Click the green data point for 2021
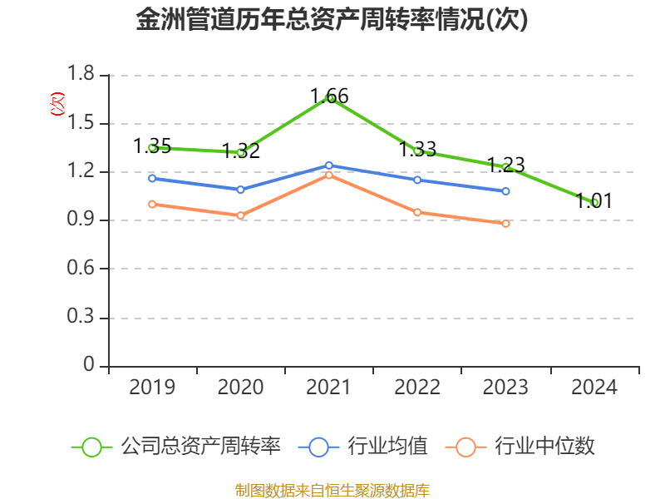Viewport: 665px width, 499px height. (x=329, y=98)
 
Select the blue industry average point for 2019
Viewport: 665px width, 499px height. (x=152, y=178)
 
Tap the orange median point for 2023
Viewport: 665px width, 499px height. (x=505, y=223)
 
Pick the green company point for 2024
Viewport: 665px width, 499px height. (x=594, y=202)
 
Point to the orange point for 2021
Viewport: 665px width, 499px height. (x=329, y=175)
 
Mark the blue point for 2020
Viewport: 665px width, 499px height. (x=240, y=190)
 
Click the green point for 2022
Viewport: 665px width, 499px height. (x=417, y=151)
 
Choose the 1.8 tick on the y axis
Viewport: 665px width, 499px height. (x=81, y=76)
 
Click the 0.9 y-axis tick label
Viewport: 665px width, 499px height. (x=81, y=220)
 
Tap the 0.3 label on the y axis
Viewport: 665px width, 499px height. (x=81, y=318)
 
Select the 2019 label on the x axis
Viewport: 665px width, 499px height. (x=152, y=388)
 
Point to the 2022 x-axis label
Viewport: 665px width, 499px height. (x=417, y=388)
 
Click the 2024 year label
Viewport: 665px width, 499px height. (x=594, y=388)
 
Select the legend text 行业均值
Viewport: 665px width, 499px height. (x=387, y=447)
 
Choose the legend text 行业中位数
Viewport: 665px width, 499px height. (x=544, y=447)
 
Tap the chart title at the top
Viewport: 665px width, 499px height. (x=332, y=20)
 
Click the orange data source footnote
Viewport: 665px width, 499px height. (x=332, y=490)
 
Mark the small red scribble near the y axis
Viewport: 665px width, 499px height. (x=57, y=103)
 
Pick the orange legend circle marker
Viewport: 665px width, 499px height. (x=465, y=447)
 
